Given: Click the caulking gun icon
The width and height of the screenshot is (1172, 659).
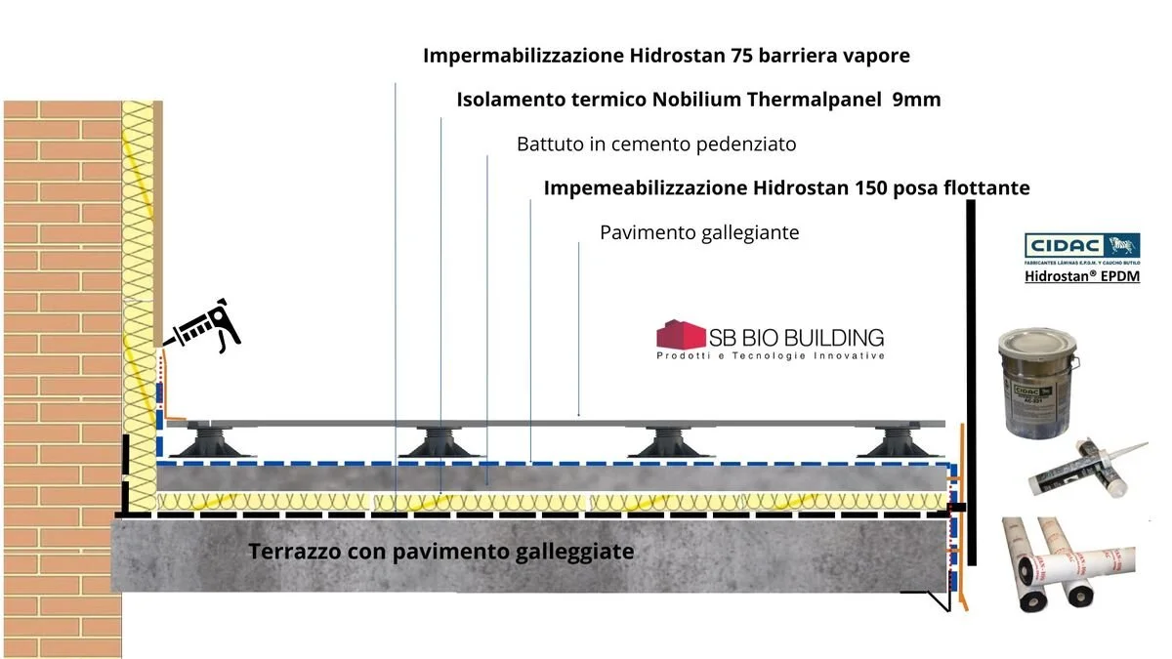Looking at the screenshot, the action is [203, 327].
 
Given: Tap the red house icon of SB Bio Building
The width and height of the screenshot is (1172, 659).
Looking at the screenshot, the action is [681, 336].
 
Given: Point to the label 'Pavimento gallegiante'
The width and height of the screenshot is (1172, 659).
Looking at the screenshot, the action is [699, 232].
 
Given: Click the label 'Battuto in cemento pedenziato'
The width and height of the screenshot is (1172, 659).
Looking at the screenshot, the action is [656, 144].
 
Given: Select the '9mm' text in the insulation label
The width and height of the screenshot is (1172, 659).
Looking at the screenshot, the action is [916, 100].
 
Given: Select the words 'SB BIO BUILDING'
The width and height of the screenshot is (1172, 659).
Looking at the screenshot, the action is [799, 337].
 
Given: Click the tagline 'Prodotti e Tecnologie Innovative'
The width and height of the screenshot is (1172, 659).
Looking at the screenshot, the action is [770, 356].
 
